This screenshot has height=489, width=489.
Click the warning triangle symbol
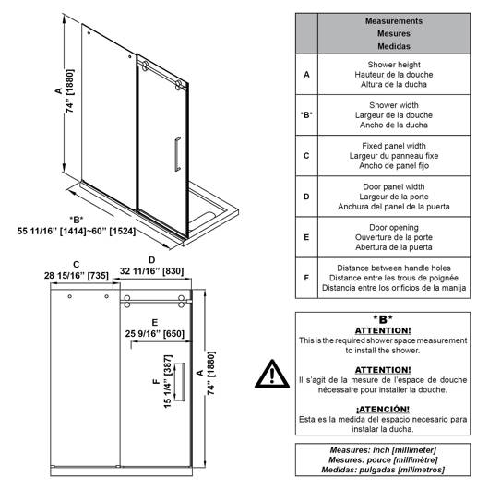tap(272, 375)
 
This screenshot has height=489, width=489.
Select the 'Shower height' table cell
tap(394, 75)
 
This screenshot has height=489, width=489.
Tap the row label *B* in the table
tap(306, 115)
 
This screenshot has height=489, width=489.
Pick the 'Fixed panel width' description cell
tap(394, 156)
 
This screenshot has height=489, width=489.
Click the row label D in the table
tap(306, 197)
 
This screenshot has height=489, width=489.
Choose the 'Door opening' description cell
tap(394, 237)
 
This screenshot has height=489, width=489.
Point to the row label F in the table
tap(306, 278)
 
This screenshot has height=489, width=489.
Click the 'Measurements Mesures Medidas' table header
tap(394, 34)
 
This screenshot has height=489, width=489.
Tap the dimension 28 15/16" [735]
tap(77, 276)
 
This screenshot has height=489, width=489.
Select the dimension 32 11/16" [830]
tap(151, 271)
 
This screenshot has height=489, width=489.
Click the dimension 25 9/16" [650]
tap(155, 334)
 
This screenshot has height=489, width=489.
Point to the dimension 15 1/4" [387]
tap(168, 381)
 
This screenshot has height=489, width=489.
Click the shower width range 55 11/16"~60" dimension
tap(77, 231)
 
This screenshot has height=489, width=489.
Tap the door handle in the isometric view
tap(177, 154)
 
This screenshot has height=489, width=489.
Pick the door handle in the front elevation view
tap(179, 382)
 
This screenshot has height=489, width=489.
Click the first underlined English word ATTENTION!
tap(383, 330)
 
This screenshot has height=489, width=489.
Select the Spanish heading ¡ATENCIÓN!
tap(383, 409)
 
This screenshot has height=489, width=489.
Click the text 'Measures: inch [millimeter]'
tap(383, 450)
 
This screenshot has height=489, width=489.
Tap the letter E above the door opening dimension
tap(155, 323)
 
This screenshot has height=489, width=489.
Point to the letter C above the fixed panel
tap(77, 265)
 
